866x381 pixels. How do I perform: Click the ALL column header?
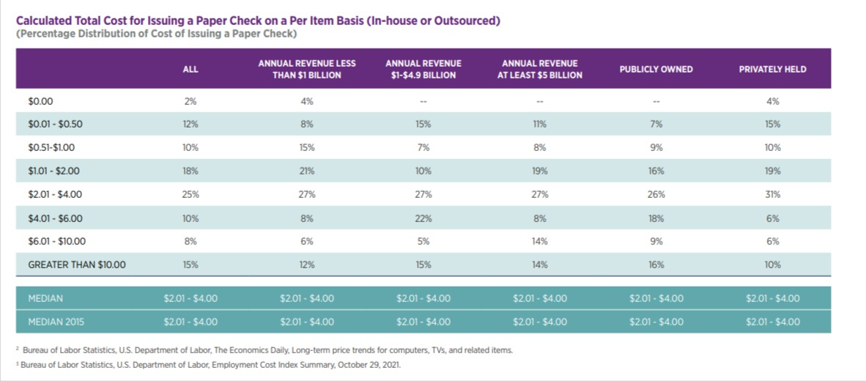190,70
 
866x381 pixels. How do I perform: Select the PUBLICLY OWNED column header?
656,70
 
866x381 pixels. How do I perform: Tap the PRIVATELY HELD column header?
772,70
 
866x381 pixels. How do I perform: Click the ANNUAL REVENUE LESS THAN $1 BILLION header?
306,70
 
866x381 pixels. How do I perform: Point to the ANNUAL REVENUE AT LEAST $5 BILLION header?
539,70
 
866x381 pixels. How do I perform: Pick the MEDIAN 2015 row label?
55,322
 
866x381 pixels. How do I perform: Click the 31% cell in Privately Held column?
772,195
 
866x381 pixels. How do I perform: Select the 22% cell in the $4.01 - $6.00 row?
423,218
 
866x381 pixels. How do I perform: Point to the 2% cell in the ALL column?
190,101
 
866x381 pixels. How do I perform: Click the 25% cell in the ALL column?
190,195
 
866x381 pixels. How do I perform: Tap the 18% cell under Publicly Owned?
656,218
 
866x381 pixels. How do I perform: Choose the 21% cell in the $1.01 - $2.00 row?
306,171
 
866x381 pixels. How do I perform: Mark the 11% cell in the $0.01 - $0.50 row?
539,125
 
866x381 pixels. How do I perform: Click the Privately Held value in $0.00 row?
772,101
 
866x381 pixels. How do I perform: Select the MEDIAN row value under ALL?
190,298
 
